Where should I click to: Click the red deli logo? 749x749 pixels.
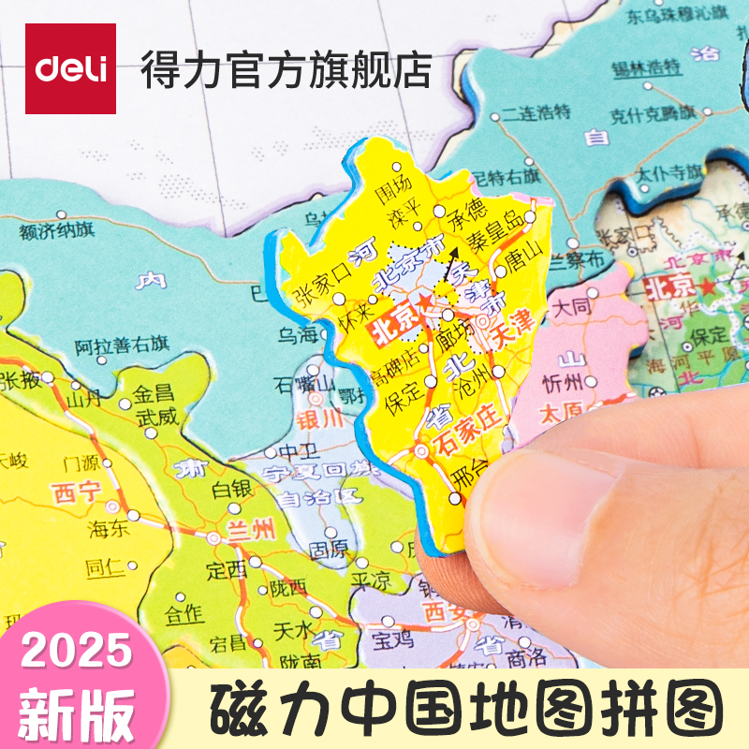coord(70,68)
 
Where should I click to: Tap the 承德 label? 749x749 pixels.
coord(467,207)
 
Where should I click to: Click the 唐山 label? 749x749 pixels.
coord(522,254)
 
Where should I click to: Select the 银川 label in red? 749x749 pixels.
coord(321,417)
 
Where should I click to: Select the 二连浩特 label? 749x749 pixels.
coord(535,112)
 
